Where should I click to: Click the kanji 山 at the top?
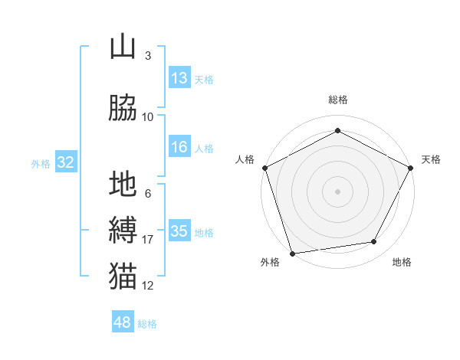pos(123,47)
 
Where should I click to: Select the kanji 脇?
pos(123,108)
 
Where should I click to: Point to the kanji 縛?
pos(123,231)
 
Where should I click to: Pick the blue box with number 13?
pos(179,78)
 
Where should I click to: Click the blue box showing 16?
pos(179,148)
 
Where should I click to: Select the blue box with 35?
pos(179,231)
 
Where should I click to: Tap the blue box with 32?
pos(65,162)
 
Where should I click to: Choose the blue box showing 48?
pos(123,322)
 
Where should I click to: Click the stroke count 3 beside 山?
pos(147,56)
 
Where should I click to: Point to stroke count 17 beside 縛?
pos(148,240)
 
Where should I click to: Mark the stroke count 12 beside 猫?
pos(148,286)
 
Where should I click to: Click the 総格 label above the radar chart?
pos(337,100)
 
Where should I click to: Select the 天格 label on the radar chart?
pos(431,159)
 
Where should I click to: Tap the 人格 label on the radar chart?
pos(245,159)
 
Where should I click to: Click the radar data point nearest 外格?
pos(292,253)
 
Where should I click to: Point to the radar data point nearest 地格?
pos(374,242)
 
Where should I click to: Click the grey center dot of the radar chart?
pos(337,191)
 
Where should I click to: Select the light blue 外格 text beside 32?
pos(41,163)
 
